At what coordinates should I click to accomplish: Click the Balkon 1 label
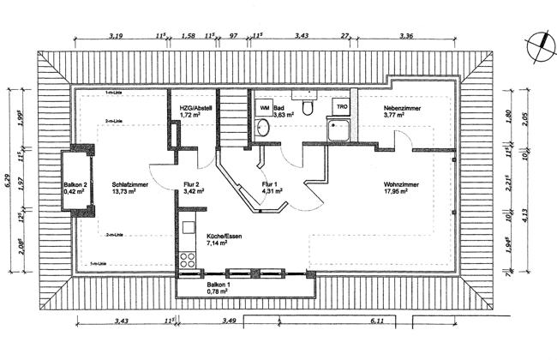[219, 286]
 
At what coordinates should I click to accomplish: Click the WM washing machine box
[264, 108]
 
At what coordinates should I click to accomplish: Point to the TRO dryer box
[342, 107]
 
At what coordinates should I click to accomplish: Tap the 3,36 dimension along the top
[407, 36]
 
